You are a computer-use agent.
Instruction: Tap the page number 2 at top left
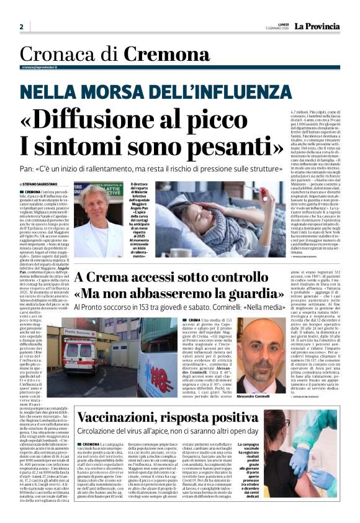[21, 27]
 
